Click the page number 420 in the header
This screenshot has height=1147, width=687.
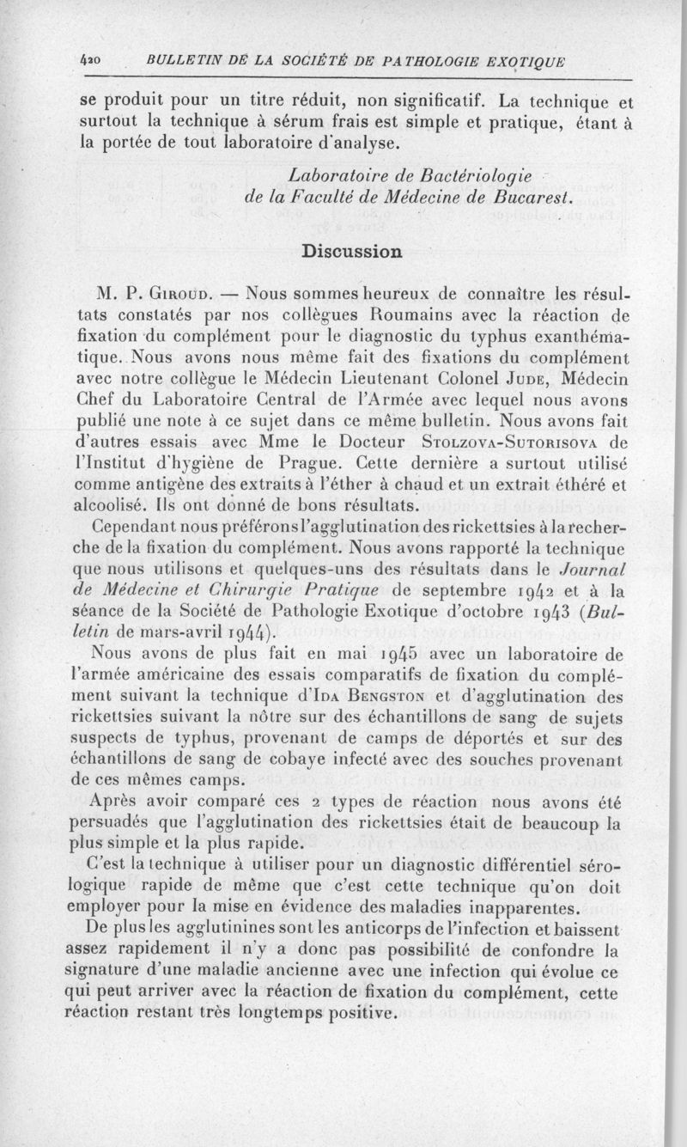tap(84, 61)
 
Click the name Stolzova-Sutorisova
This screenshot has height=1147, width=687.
tap(514, 442)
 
